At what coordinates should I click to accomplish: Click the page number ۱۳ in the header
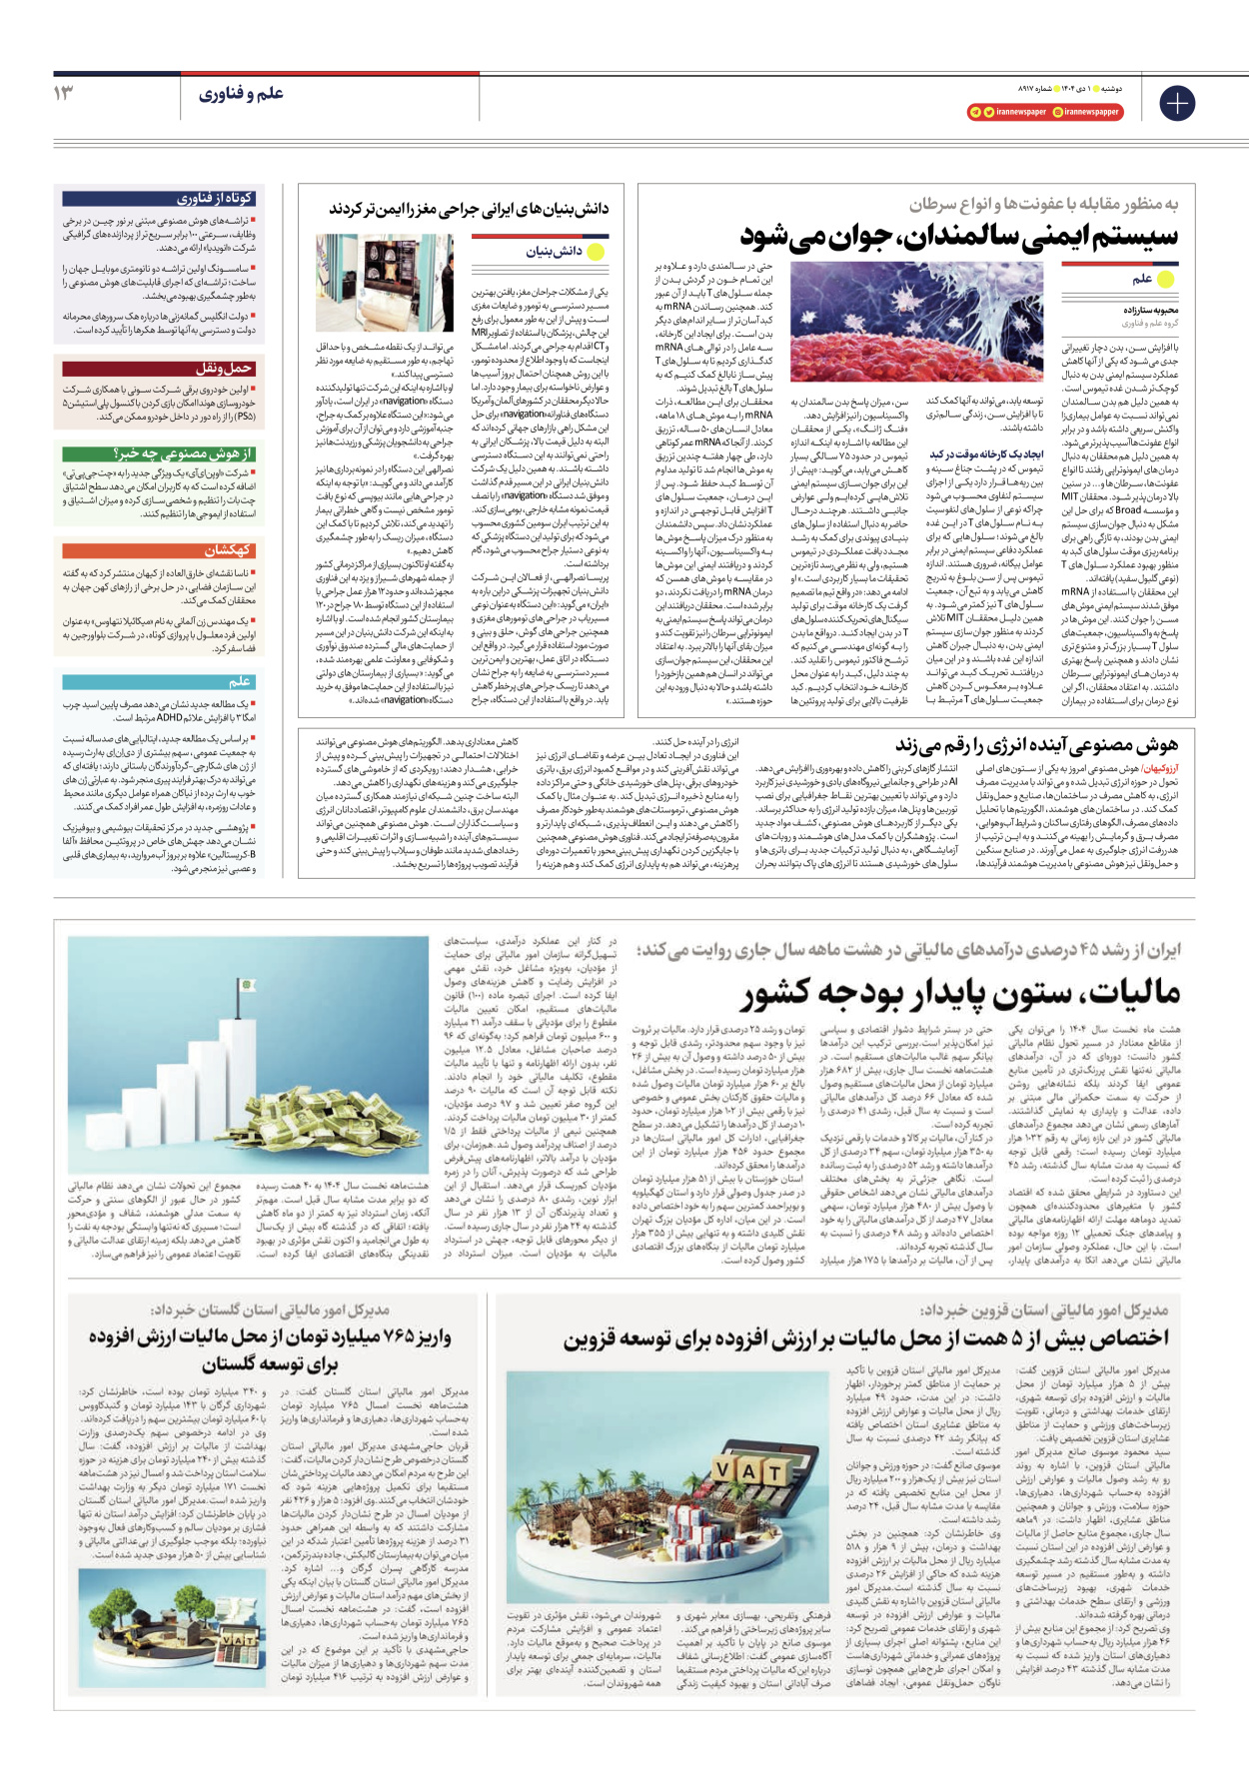point(64,93)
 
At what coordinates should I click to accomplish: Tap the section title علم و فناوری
point(241,94)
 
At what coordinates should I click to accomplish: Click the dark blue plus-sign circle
point(1176,103)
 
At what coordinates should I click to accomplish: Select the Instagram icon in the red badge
point(1057,112)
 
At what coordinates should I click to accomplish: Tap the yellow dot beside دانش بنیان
point(596,252)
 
